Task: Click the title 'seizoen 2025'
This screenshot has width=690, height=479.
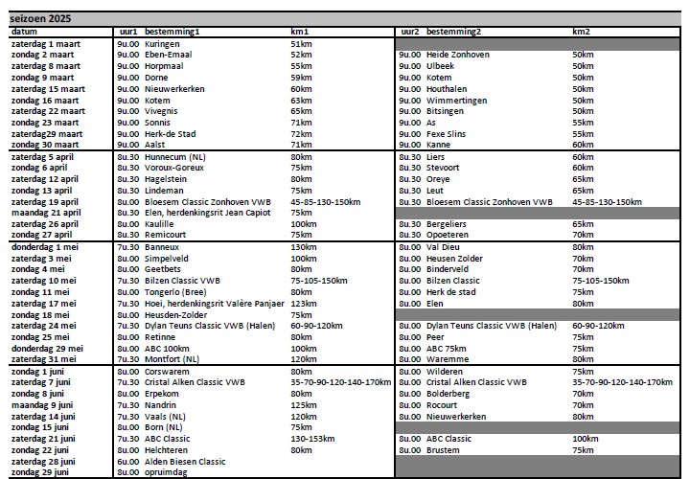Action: point(40,19)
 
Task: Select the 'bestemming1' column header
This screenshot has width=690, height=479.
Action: point(172,33)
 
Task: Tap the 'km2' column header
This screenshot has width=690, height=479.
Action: point(581,33)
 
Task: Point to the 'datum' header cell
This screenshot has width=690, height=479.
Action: point(24,33)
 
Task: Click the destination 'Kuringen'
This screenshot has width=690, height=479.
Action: point(164,44)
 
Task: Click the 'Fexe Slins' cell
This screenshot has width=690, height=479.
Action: point(447,134)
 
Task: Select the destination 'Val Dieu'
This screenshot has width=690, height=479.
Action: point(443,247)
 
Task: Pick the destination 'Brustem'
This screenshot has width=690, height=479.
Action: point(443,449)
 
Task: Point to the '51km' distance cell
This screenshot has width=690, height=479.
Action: point(301,44)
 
